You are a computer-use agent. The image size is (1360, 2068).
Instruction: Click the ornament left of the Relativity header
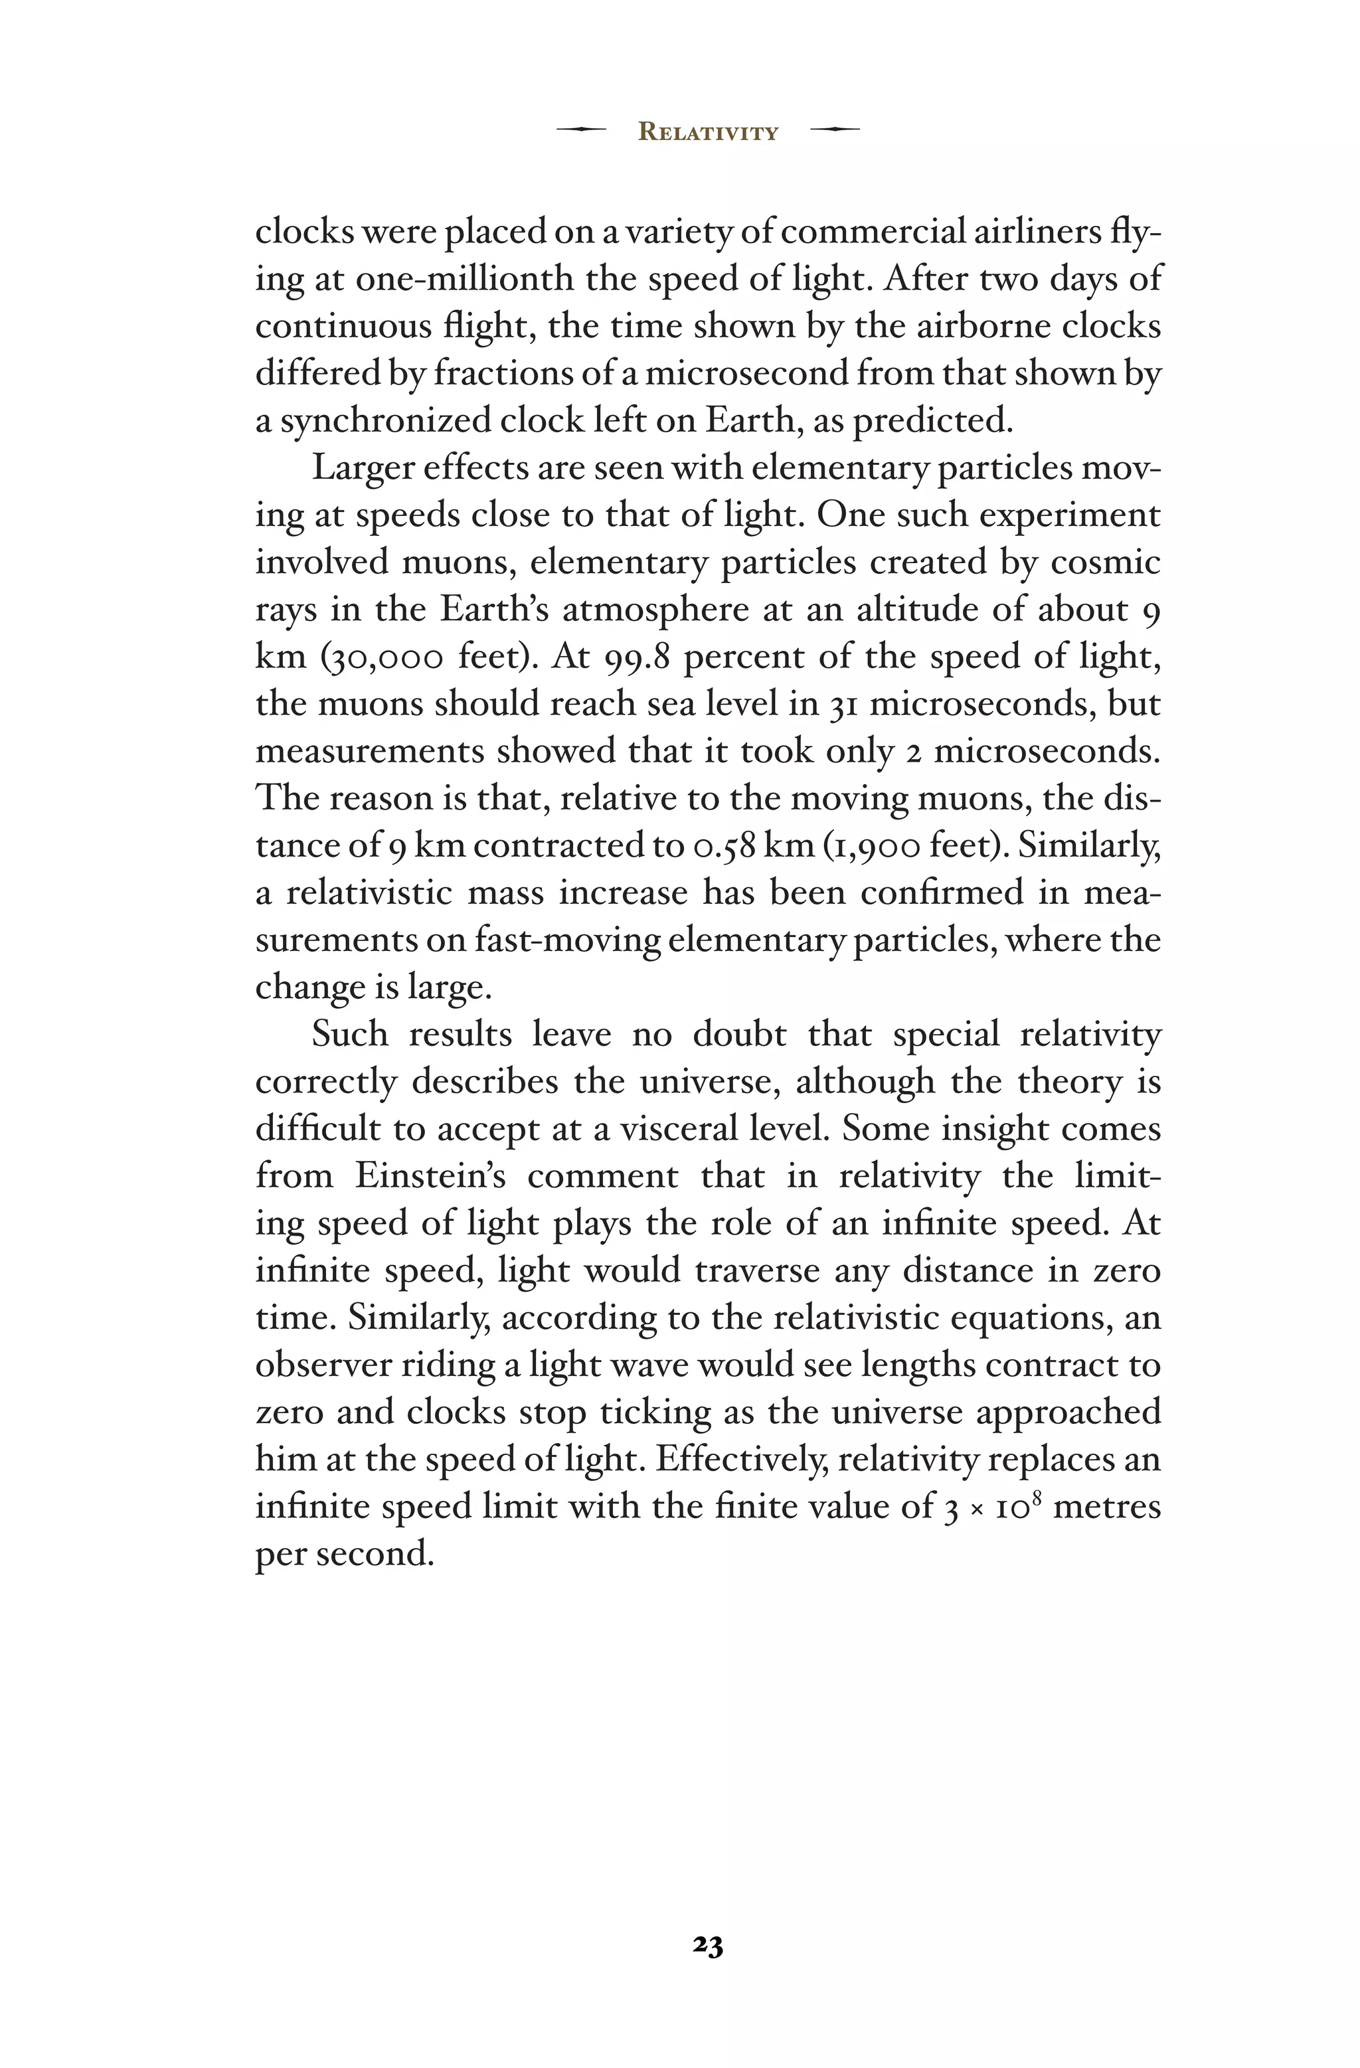tap(580, 129)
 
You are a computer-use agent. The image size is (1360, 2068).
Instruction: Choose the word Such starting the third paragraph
tap(349, 1034)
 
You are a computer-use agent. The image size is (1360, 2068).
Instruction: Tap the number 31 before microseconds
tap(844, 705)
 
